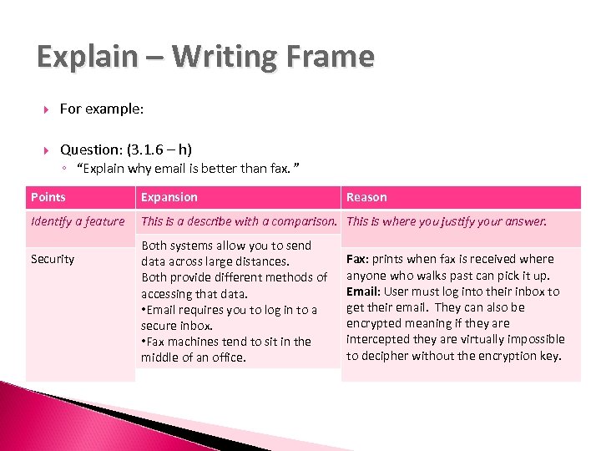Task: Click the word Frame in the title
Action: (x=331, y=57)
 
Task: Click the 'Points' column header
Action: (x=48, y=197)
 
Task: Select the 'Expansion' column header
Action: (x=169, y=197)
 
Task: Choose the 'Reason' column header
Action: (x=366, y=197)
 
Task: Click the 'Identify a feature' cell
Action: (x=78, y=221)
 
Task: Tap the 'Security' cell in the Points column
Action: (x=53, y=259)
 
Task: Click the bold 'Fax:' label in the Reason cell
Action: (x=358, y=259)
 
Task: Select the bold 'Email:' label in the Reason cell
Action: (x=364, y=291)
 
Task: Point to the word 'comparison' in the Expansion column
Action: (x=308, y=221)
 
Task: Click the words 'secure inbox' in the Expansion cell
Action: (x=177, y=326)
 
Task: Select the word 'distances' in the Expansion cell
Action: (x=262, y=261)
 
